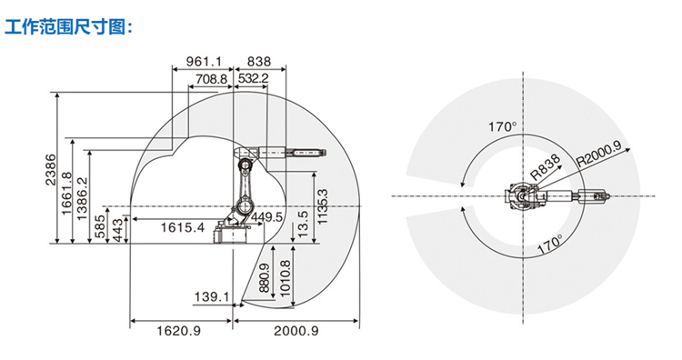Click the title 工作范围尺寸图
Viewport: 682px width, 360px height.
click(66, 27)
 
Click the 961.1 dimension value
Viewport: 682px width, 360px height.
click(204, 61)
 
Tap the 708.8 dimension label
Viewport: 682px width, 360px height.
click(211, 79)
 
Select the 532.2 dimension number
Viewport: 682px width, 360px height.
click(254, 79)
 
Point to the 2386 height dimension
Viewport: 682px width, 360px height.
click(51, 170)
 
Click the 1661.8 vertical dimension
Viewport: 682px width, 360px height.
click(66, 193)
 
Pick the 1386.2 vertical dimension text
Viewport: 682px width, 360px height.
click(82, 198)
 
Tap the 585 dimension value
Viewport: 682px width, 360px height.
click(100, 226)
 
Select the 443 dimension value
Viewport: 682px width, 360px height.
click(117, 229)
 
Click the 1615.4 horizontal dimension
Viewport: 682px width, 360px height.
click(183, 227)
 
